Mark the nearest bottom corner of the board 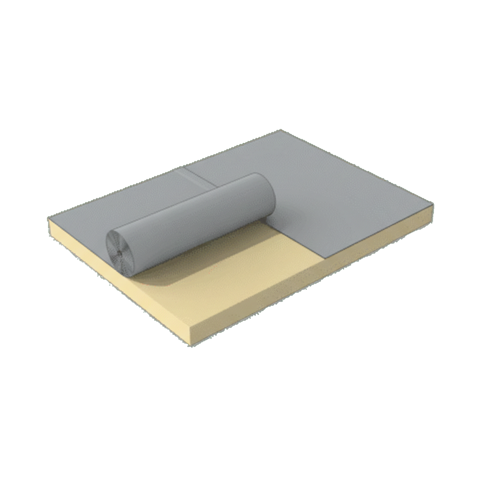click(191, 345)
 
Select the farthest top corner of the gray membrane click(280, 131)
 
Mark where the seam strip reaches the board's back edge click(180, 168)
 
